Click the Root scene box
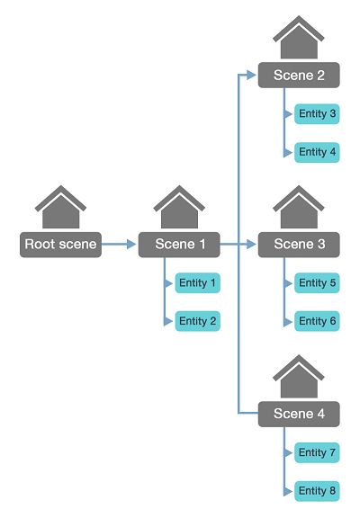pos(60,244)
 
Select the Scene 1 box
pos(179,244)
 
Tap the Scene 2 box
pos(299,76)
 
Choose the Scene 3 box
pos(299,244)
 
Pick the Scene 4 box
pos(299,414)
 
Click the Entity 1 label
pos(198,283)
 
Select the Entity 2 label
pos(198,321)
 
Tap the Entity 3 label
pos(317,114)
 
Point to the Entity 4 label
pos(317,152)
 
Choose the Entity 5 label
pos(317,283)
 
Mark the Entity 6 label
pos(317,321)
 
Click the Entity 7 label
pos(317,452)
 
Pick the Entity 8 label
pos(317,491)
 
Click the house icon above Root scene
pos(60,208)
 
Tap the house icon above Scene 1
pos(179,208)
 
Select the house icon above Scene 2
pos(299,40)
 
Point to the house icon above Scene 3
pos(299,208)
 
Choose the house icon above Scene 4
pos(299,378)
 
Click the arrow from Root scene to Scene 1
pos(119,244)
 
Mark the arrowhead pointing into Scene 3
pos(253,244)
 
